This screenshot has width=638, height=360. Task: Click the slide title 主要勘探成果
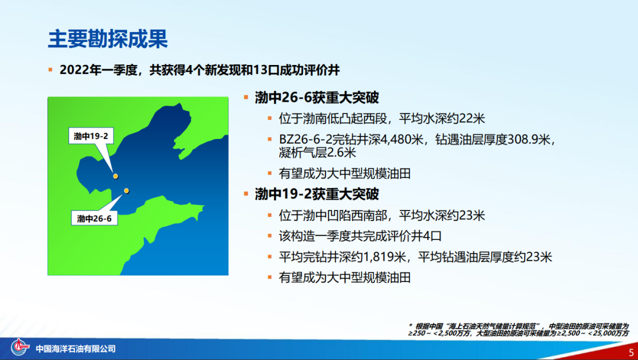click(108, 39)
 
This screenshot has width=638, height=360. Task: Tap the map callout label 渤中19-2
click(91, 136)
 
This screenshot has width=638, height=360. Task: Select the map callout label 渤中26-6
click(94, 219)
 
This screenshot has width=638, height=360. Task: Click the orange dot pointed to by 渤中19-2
click(116, 176)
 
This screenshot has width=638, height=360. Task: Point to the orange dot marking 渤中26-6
click(126, 190)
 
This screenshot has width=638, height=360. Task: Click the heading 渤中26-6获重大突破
click(317, 98)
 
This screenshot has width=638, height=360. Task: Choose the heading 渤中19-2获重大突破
click(317, 194)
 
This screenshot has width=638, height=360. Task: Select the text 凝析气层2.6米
click(317, 153)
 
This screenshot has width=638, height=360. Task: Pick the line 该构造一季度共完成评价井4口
click(360, 236)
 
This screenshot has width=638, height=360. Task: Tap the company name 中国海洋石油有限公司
click(76, 349)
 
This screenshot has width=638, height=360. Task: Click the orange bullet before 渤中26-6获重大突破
click(246, 98)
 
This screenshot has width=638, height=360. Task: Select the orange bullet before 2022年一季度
click(50, 70)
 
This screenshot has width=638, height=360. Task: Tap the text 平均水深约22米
click(442, 118)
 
